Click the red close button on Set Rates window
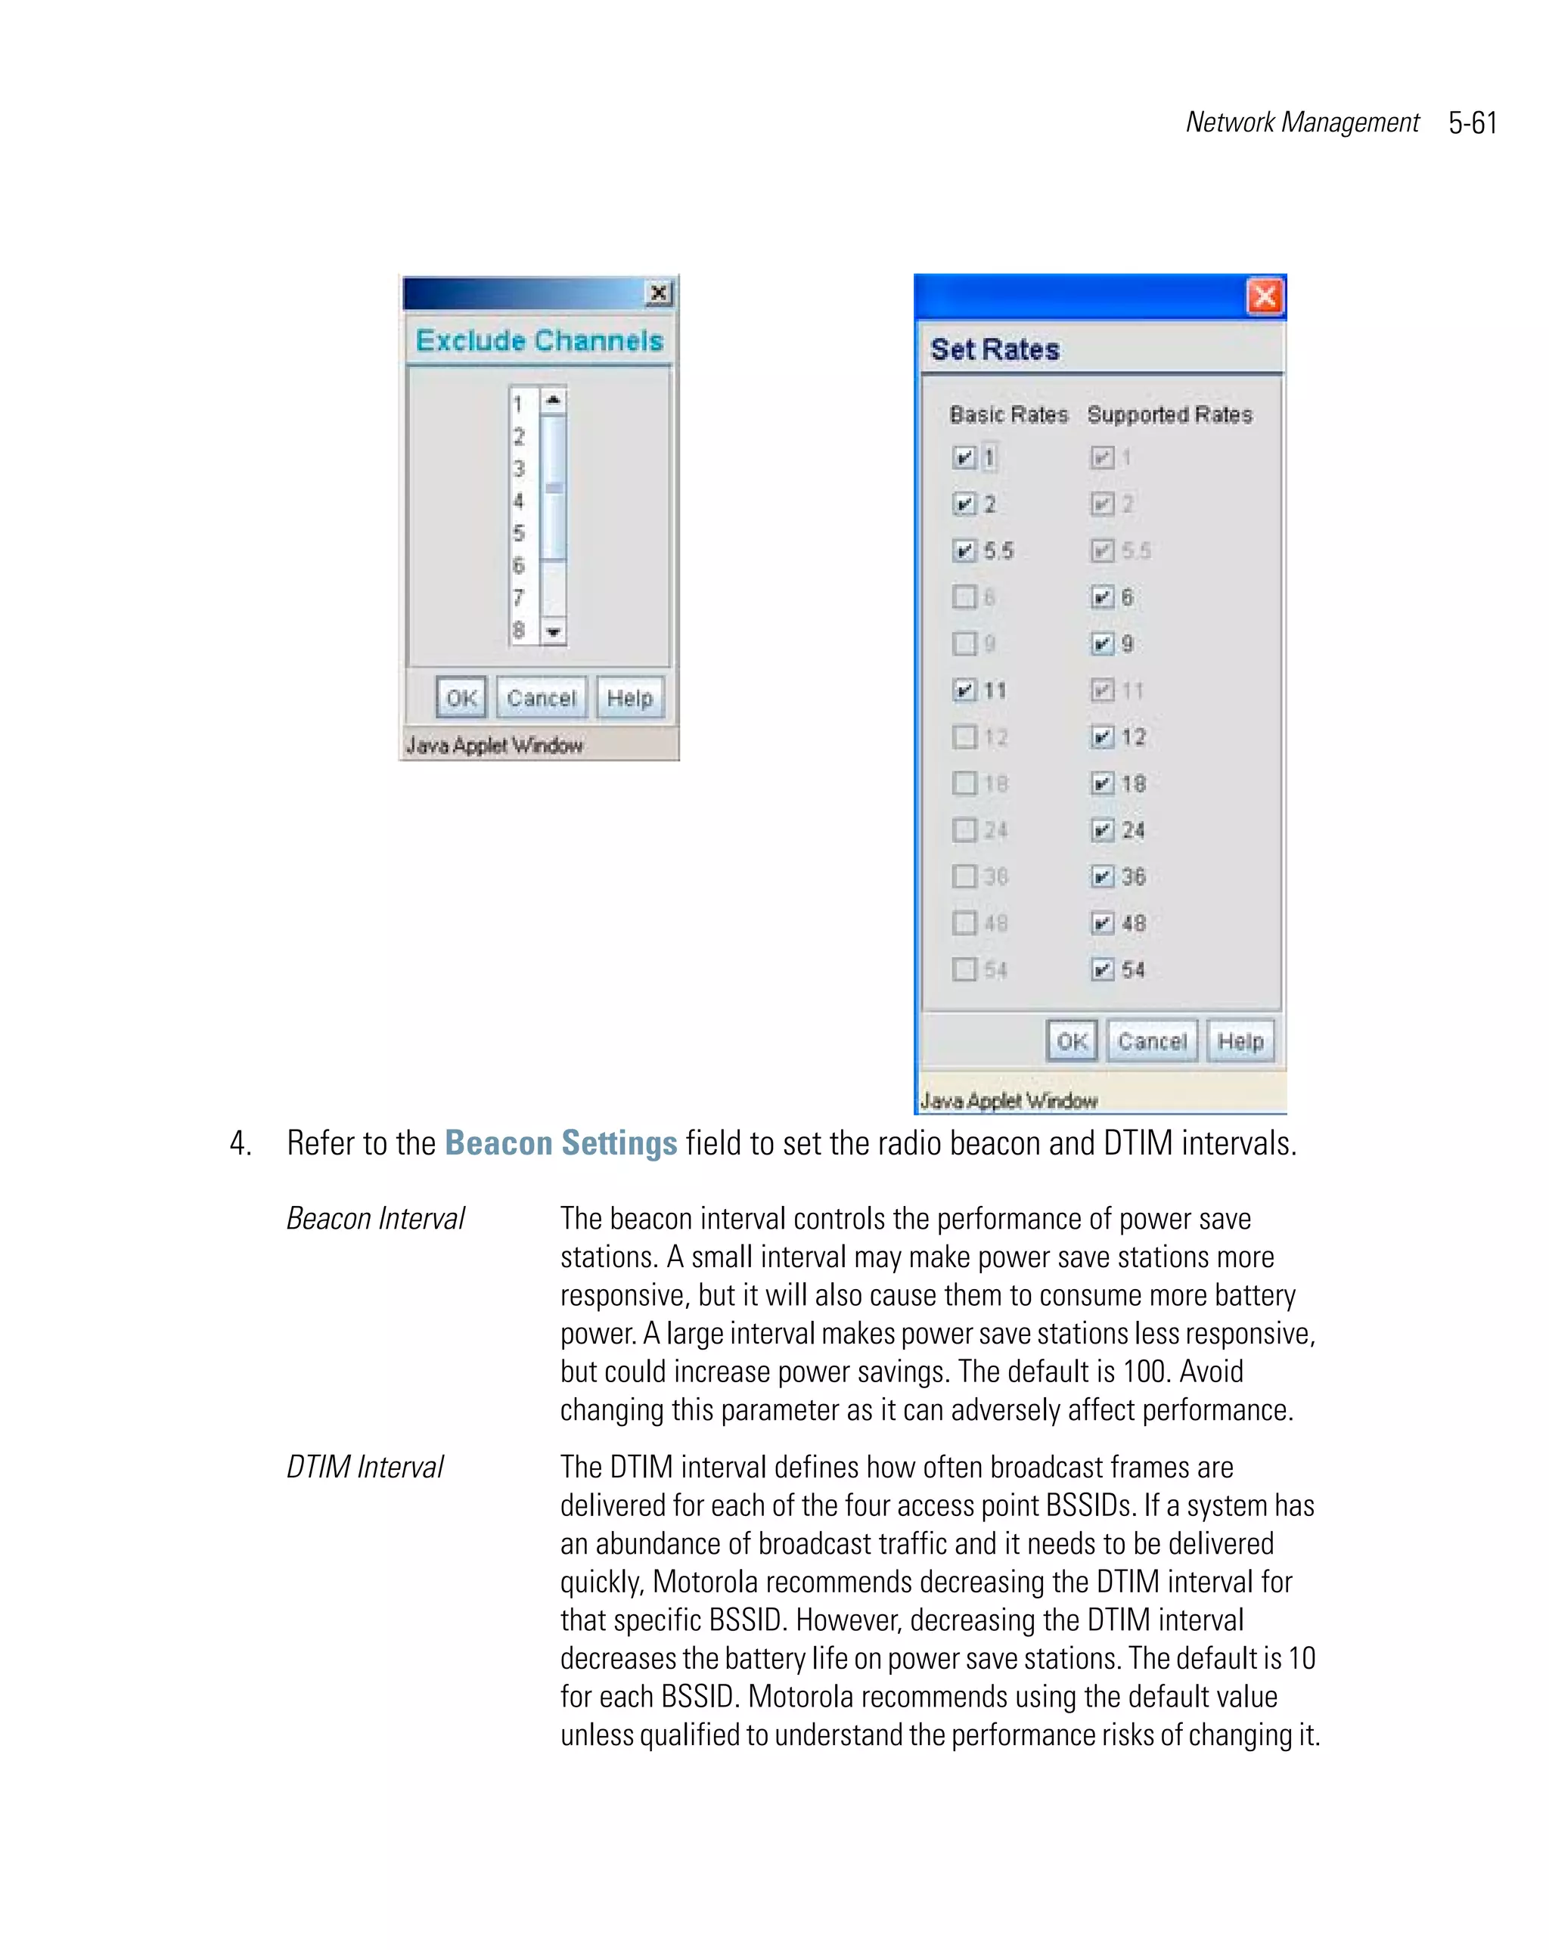(x=1264, y=296)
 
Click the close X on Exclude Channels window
(x=659, y=293)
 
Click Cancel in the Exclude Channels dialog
(x=541, y=697)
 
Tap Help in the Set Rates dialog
(x=1240, y=1041)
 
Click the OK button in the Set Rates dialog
(x=1073, y=1041)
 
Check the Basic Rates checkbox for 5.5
(x=964, y=550)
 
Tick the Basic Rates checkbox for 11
(x=964, y=690)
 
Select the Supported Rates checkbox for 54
(x=1101, y=969)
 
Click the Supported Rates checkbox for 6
(x=1101, y=597)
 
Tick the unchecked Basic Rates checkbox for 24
(x=964, y=829)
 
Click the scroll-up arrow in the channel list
(x=554, y=400)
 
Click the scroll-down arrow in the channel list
(x=554, y=631)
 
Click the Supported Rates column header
(x=1169, y=414)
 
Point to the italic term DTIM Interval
(x=365, y=1467)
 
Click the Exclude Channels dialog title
(x=539, y=341)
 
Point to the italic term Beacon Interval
(x=375, y=1218)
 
